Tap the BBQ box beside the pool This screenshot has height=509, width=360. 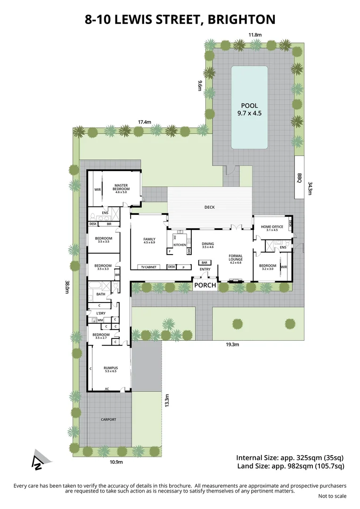[299, 177]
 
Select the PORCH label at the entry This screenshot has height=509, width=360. [205, 285]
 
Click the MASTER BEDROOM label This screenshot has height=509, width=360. [121, 187]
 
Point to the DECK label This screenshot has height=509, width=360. [210, 207]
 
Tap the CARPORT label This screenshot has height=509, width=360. [108, 419]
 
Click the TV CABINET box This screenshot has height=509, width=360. [147, 267]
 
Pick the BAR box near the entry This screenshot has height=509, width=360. [205, 263]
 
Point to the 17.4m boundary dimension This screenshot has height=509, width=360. [145, 122]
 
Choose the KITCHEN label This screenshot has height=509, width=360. [180, 245]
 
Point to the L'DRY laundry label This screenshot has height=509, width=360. [100, 313]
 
